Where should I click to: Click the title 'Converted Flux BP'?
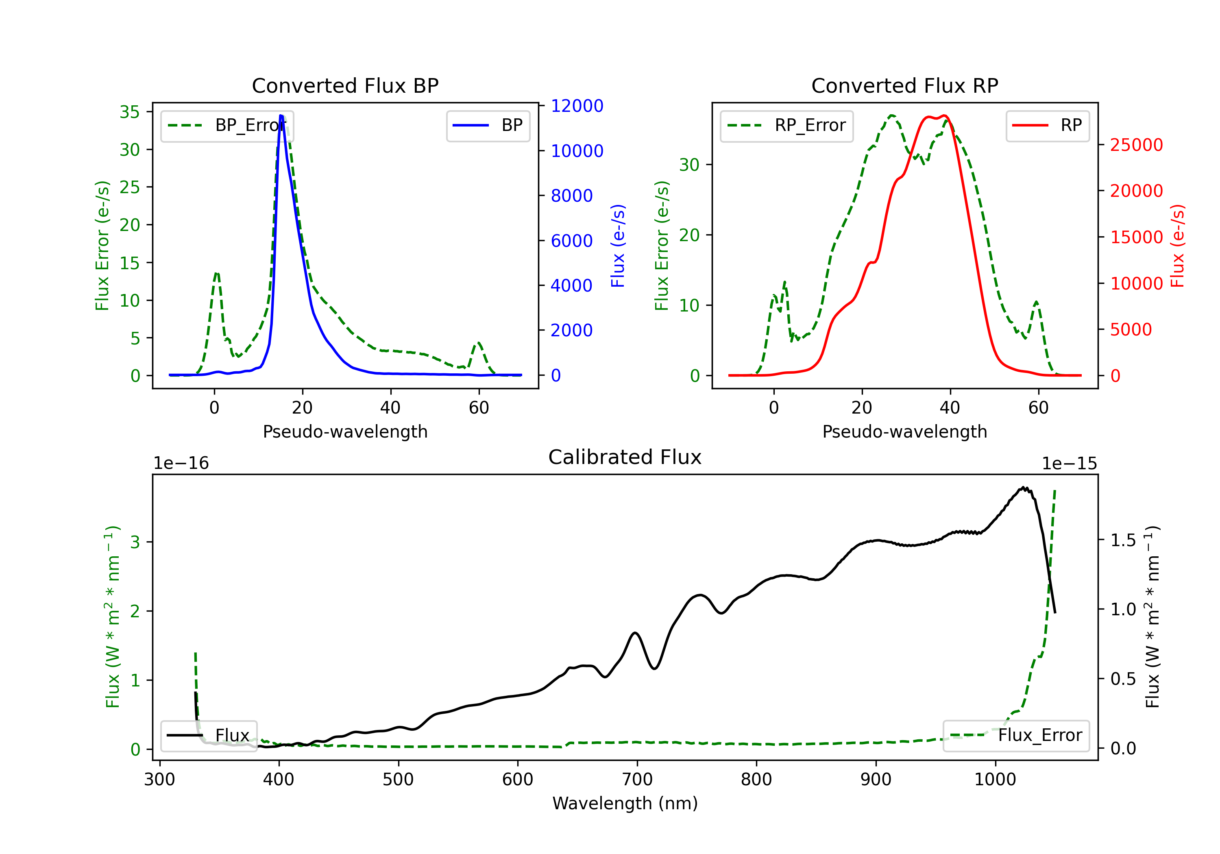click(x=345, y=85)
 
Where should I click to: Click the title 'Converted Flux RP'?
click(x=904, y=85)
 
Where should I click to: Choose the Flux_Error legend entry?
click(x=1015, y=736)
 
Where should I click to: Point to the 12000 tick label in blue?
click(x=577, y=106)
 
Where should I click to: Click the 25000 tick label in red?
click(x=1136, y=144)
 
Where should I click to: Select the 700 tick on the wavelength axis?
click(x=636, y=780)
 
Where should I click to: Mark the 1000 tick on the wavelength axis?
click(x=995, y=780)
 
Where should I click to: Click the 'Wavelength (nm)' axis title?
click(x=625, y=803)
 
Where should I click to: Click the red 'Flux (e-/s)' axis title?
click(x=1177, y=246)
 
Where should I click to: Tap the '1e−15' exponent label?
click(x=1069, y=464)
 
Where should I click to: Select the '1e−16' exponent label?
click(x=181, y=464)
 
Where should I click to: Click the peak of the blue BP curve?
click(x=281, y=115)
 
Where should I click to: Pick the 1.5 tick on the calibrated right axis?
click(x=1123, y=540)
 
